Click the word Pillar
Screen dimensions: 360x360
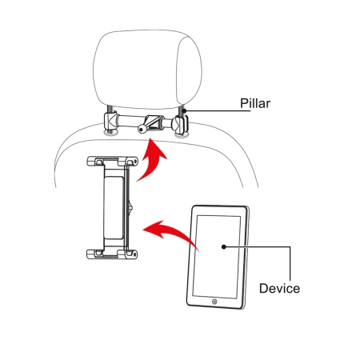[255, 103]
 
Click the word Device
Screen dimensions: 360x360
[279, 289]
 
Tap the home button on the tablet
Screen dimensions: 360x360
[214, 302]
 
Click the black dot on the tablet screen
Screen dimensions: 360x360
[224, 247]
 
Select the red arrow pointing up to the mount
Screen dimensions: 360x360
[151, 162]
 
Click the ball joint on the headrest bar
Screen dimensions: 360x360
[142, 129]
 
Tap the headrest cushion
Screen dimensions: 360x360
[147, 70]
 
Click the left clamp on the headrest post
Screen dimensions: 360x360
[110, 122]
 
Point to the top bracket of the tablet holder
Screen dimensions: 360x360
[112, 162]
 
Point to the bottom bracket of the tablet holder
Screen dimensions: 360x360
[112, 254]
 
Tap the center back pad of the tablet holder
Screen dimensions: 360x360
[114, 207]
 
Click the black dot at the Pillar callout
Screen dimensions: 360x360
[184, 110]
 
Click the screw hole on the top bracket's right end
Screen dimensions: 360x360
[135, 162]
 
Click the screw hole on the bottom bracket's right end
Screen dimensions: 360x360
[134, 254]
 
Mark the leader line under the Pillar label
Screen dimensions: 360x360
[218, 110]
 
